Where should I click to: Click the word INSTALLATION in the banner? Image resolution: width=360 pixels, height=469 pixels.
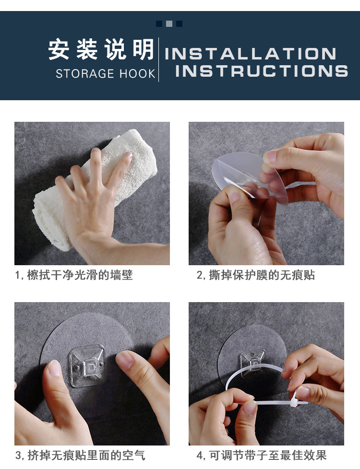point(251,54)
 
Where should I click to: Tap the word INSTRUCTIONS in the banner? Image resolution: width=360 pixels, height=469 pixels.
point(262,71)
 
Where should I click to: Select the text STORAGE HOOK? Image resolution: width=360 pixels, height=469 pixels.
point(106,73)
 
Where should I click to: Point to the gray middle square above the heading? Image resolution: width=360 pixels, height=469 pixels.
point(169,23)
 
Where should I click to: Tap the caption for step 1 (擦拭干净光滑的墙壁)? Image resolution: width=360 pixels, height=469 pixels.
point(74,275)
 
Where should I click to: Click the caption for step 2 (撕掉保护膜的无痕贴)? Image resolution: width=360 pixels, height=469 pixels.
point(255,275)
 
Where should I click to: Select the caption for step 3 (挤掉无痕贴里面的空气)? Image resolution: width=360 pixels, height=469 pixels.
point(80,456)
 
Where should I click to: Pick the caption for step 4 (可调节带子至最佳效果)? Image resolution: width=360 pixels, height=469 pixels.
point(262,456)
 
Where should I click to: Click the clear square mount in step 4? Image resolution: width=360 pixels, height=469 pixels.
point(252,362)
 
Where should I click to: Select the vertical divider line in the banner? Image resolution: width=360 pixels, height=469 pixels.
point(158,59)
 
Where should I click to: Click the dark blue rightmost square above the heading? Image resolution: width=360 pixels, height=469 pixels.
point(180,23)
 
